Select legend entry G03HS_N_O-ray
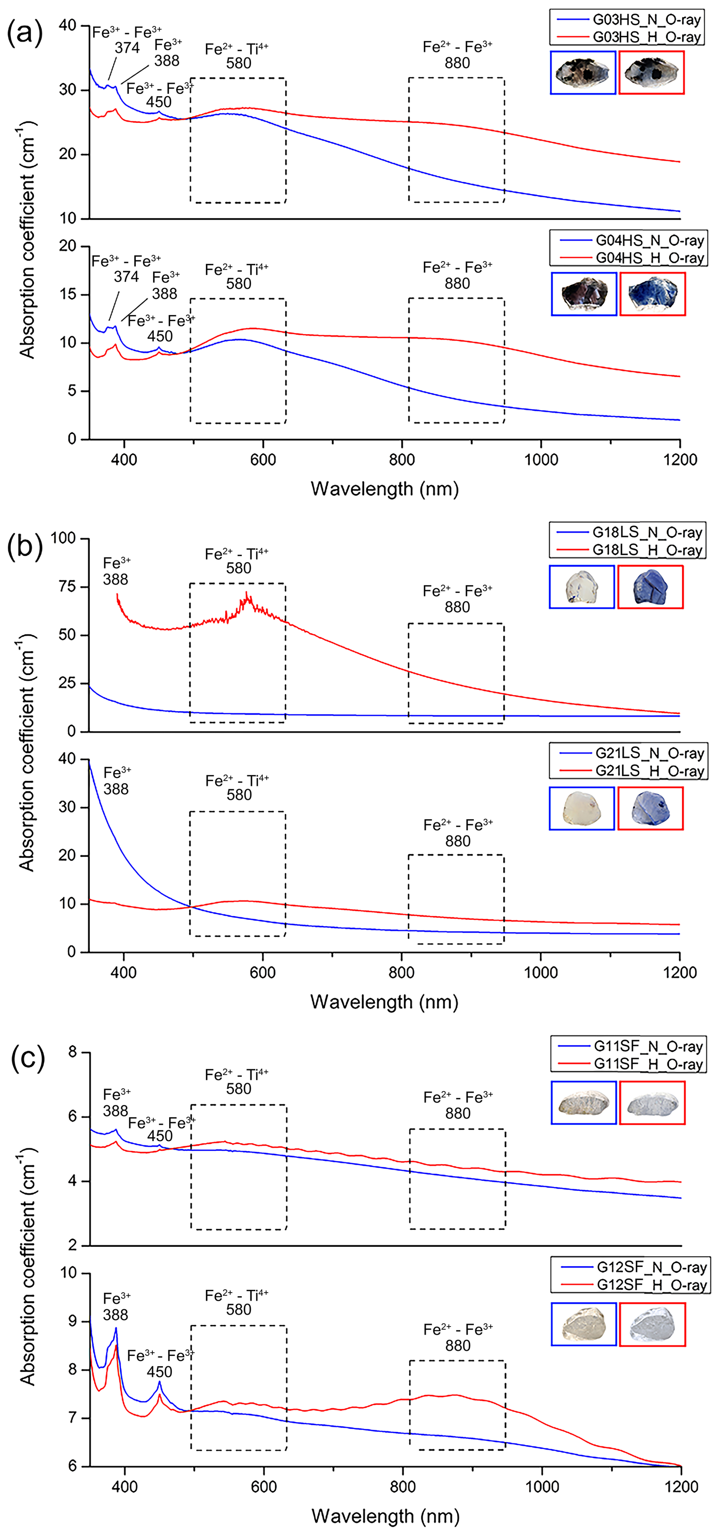point(646,20)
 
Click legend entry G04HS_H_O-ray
point(649,258)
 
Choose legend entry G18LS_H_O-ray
point(647,550)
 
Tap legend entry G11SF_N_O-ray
point(648,1047)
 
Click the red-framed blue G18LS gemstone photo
point(651,587)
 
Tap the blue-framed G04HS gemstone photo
point(584,294)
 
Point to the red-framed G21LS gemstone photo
point(651,808)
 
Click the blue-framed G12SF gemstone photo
point(584,1324)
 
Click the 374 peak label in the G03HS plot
point(127,48)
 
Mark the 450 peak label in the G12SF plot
point(160,1372)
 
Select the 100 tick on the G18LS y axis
point(63,538)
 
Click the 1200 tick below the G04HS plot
point(680,460)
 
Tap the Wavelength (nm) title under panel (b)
point(384,1002)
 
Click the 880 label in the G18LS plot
point(458,607)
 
